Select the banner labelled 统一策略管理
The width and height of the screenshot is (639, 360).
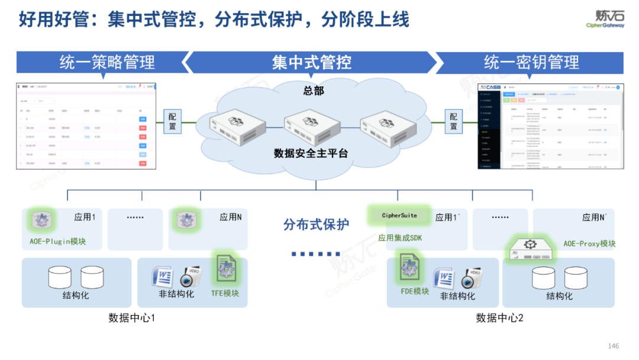click(106, 62)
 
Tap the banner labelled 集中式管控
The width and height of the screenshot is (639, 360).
click(311, 62)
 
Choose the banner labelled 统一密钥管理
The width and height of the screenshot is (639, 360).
click(531, 62)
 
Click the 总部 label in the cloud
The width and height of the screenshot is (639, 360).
click(314, 91)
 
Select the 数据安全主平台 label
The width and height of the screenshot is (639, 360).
click(311, 153)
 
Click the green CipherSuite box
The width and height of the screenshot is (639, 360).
click(399, 216)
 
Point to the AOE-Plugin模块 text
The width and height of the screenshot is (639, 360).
click(58, 242)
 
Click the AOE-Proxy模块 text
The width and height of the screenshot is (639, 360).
click(589, 244)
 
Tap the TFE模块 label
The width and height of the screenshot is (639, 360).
click(225, 293)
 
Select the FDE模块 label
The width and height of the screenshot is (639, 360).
click(415, 291)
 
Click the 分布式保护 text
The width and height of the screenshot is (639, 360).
click(316, 225)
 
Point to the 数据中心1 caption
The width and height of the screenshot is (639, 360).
click(132, 318)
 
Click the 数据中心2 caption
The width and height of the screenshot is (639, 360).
click(500, 318)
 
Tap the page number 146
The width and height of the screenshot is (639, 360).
click(613, 346)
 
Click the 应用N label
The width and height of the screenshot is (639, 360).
click(231, 217)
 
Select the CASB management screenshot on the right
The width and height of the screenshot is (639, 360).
click(550, 126)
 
